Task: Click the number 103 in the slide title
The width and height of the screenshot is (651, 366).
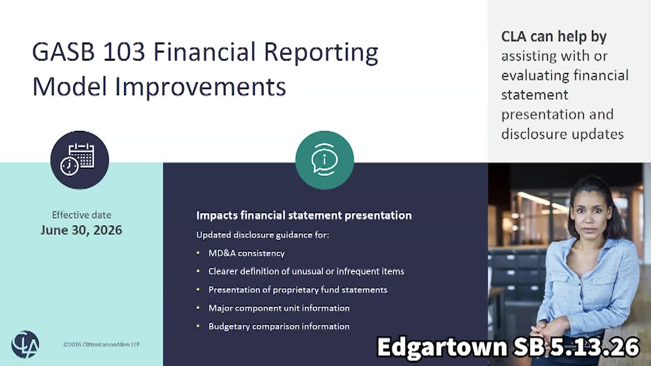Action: (x=124, y=52)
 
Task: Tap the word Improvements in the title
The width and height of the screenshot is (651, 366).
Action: (x=200, y=87)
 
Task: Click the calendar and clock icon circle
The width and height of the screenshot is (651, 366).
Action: (x=80, y=160)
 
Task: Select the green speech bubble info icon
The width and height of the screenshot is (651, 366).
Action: (x=324, y=160)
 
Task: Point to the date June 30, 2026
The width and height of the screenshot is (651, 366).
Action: (x=81, y=230)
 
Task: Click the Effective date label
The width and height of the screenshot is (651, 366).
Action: (x=82, y=215)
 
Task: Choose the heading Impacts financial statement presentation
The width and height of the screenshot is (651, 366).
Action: (x=304, y=216)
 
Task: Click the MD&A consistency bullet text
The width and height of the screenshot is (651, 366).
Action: (x=247, y=253)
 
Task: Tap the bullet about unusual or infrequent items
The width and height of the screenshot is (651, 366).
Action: (x=306, y=271)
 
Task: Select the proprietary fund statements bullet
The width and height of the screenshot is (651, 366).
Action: (x=298, y=290)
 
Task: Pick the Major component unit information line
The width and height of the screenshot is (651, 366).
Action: (x=279, y=308)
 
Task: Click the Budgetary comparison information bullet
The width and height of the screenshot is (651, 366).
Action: (x=279, y=326)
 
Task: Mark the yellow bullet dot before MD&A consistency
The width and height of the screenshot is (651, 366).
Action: (x=198, y=253)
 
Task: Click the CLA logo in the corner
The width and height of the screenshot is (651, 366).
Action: (x=25, y=345)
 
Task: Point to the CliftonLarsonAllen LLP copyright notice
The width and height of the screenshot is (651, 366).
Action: (x=101, y=345)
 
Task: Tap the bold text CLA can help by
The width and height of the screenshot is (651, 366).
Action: (x=554, y=37)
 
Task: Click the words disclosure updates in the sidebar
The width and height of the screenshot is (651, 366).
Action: (x=563, y=134)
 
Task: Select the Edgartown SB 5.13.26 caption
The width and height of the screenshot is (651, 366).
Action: (x=508, y=347)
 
